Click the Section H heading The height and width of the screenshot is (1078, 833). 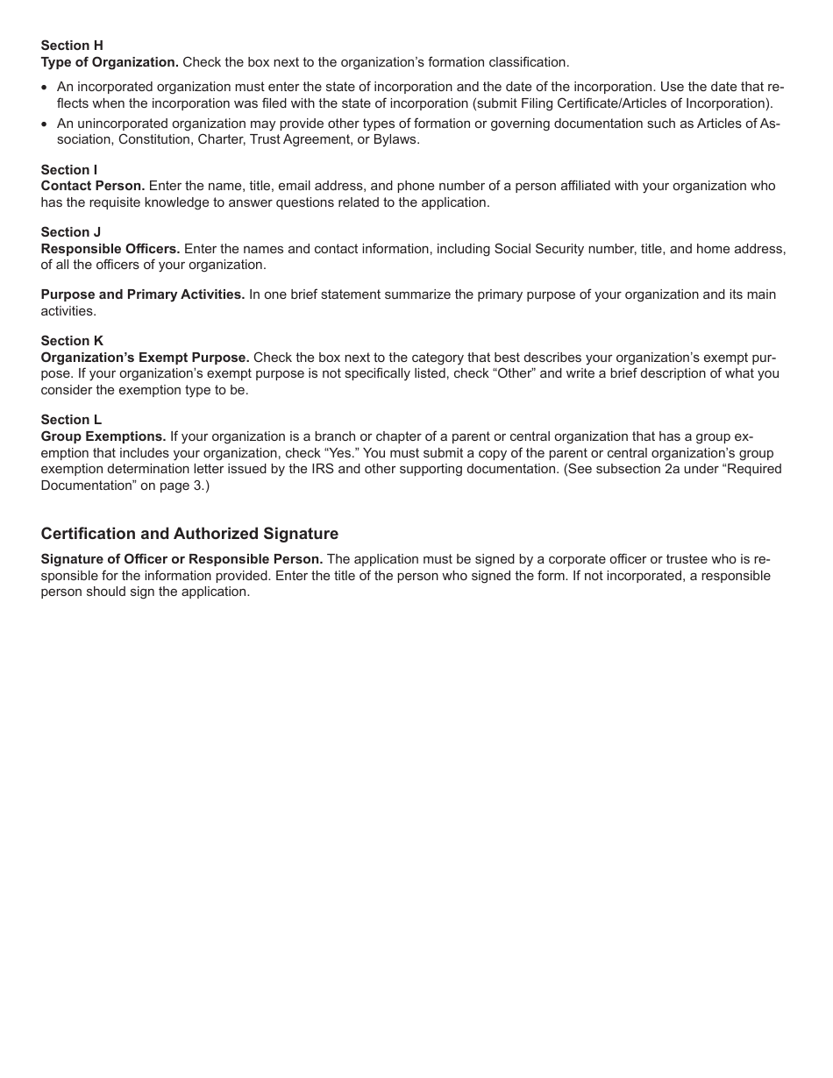pos(72,46)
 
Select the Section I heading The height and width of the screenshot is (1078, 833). pos(69,169)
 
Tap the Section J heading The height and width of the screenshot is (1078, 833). pos(71,232)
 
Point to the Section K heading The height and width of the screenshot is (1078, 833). pos(72,341)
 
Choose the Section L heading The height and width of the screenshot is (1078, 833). pos(71,420)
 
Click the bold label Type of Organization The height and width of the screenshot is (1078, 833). pos(110,62)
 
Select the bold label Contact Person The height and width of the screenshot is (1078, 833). pos(93,186)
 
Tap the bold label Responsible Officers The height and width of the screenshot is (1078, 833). pos(110,249)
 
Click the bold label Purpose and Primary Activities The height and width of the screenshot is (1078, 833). pos(143,294)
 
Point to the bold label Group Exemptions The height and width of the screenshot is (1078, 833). pos(103,436)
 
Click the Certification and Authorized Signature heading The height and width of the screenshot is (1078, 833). pos(189,534)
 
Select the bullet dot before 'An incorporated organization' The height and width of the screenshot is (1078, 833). pos(46,88)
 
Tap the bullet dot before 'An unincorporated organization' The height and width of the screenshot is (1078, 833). pos(46,124)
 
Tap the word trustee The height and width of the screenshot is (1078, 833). pos(673,559)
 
